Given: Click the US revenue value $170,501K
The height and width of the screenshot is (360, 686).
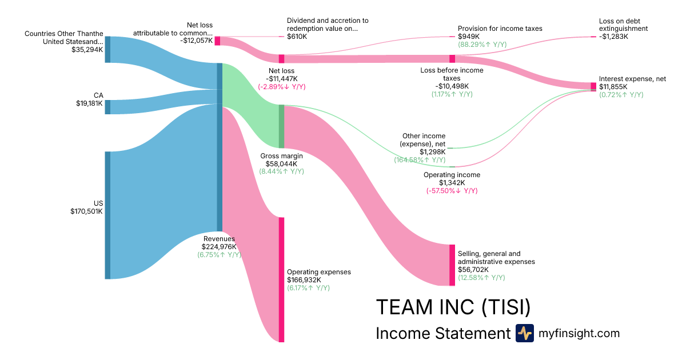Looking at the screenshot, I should pyautogui.click(x=86, y=211).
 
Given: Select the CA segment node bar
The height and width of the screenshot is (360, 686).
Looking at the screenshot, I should pyautogui.click(x=107, y=107).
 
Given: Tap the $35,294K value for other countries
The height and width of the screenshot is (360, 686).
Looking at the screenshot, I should pyautogui.click(x=87, y=50).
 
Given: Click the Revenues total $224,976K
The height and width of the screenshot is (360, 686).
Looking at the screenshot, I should pyautogui.click(x=220, y=247).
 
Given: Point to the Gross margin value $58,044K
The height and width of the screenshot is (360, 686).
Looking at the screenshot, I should pyautogui.click(x=282, y=163).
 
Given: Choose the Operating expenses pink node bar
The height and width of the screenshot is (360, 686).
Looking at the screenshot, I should pyautogui.click(x=281, y=279).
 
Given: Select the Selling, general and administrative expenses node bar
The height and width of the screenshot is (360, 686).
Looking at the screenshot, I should pyautogui.click(x=452, y=265).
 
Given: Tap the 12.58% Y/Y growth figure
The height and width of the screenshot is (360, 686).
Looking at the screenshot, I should pyautogui.click(x=481, y=278).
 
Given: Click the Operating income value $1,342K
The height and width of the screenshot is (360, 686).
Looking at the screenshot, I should pyautogui.click(x=452, y=183).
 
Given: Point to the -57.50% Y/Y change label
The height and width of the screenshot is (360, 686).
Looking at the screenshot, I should pyautogui.click(x=452, y=191).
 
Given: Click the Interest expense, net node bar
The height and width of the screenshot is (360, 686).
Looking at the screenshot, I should pyautogui.click(x=593, y=86).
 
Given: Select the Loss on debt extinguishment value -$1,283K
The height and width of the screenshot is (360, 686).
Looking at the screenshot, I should pyautogui.click(x=613, y=37).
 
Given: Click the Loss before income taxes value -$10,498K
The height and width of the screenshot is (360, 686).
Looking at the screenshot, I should pyautogui.click(x=452, y=86).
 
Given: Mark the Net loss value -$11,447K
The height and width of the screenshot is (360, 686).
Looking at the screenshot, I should pyautogui.click(x=281, y=79).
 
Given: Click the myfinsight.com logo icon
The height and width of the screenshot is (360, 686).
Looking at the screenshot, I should pyautogui.click(x=524, y=333).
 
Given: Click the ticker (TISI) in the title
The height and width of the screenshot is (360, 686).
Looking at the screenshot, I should pyautogui.click(x=505, y=307).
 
